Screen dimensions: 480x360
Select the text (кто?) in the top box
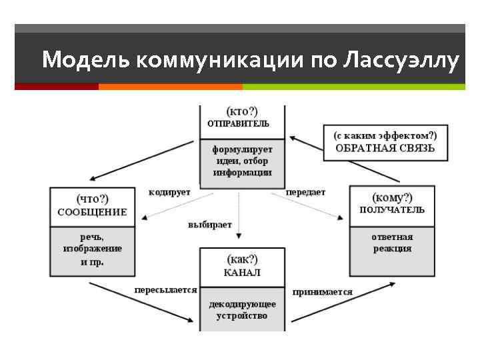coord(242,111)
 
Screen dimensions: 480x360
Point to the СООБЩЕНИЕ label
coord(92,212)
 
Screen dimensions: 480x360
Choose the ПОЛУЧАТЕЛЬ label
coord(391,210)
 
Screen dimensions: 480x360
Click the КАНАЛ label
coord(242,273)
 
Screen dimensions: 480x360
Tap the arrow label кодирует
coord(169,192)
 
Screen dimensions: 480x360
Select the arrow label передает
coord(305,192)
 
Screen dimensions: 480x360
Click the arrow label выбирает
coord(209,225)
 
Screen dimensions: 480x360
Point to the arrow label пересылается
coord(165,290)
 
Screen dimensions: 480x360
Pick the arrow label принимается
coord(322,292)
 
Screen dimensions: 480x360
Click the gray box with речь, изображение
coord(92,251)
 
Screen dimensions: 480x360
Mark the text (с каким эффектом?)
coord(385,134)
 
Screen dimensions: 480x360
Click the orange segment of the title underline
coord(170,87)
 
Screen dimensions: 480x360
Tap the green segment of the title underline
coord(353,87)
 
